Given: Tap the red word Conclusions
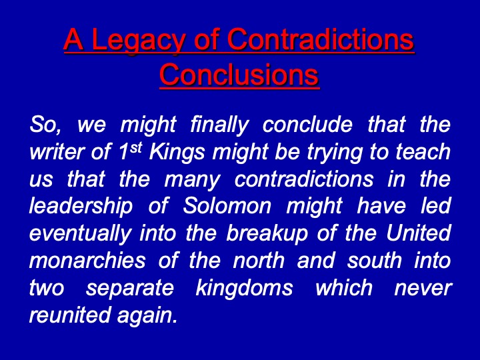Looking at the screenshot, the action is (x=239, y=75).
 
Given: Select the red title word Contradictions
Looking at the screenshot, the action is (x=321, y=39).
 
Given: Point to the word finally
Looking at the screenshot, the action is (x=219, y=125).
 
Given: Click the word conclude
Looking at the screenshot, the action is (x=307, y=124).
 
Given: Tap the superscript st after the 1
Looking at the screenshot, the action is (x=136, y=148).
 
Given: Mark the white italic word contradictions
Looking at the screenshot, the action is (x=304, y=179).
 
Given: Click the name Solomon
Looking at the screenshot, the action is (x=227, y=206).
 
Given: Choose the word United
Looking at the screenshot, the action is (x=419, y=233).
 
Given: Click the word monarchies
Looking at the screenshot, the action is (x=87, y=261).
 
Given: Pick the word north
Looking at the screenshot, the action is (x=259, y=261).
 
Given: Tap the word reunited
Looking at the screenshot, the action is (x=69, y=315).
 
